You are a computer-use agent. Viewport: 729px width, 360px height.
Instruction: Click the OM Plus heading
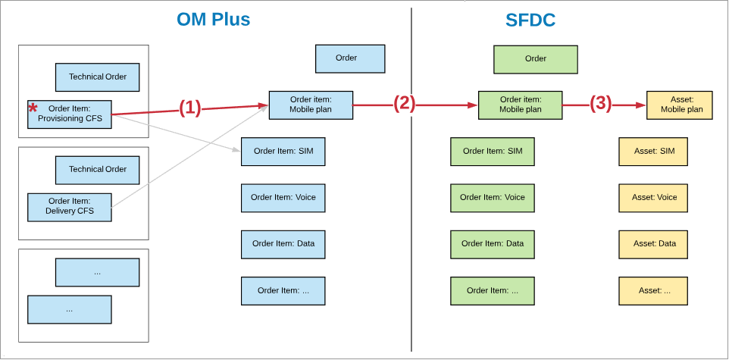[x=213, y=20]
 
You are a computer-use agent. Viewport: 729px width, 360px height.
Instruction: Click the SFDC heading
[x=530, y=20]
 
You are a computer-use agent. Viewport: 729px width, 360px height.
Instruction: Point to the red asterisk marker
[x=33, y=109]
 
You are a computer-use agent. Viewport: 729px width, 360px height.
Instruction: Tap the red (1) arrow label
[x=190, y=108]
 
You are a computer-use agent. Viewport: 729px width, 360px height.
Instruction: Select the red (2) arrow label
[x=404, y=104]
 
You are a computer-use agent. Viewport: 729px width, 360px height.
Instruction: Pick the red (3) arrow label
[x=600, y=104]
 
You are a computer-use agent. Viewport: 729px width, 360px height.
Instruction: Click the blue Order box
[x=350, y=58]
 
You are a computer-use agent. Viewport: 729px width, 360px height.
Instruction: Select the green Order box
[x=535, y=59]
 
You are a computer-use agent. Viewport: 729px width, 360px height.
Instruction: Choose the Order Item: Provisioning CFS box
[x=70, y=114]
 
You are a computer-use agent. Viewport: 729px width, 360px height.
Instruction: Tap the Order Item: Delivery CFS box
[x=70, y=207]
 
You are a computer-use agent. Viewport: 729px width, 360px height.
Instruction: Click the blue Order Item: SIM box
[x=283, y=152]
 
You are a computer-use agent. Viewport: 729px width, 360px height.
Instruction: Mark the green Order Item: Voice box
[x=492, y=198]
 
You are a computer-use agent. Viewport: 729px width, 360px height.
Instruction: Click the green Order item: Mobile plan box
[x=520, y=105]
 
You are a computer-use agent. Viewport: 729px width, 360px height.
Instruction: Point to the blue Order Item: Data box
[x=283, y=244]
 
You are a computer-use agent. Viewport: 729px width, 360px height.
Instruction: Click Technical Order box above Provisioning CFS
[x=97, y=77]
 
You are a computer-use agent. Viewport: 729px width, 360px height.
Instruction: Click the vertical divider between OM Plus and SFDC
[x=411, y=227]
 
